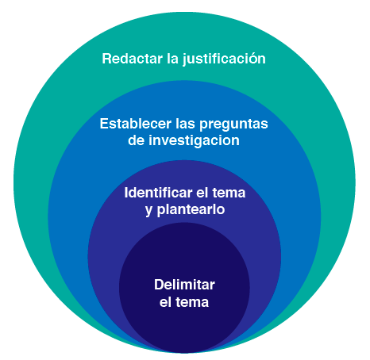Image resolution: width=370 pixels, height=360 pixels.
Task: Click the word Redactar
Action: tap(132, 59)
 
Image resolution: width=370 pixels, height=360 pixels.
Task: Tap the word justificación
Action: tap(224, 59)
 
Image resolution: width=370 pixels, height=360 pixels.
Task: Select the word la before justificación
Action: tap(172, 59)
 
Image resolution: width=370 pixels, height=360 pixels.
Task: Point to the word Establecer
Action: tap(136, 124)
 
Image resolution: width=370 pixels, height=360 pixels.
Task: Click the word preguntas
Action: tap(233, 124)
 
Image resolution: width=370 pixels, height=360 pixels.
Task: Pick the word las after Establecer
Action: tap(185, 124)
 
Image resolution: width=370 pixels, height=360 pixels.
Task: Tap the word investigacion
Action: tap(194, 140)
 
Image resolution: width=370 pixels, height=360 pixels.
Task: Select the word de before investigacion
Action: tap(136, 140)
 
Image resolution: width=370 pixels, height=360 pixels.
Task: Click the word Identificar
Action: tap(158, 193)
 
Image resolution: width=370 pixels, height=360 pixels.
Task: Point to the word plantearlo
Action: tap(191, 210)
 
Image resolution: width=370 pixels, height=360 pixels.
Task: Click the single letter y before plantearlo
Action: tap(149, 212)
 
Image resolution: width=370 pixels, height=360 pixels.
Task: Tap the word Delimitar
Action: tap(184, 285)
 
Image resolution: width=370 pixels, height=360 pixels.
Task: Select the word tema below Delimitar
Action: tap(192, 302)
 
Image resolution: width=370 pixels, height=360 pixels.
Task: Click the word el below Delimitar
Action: tap(165, 302)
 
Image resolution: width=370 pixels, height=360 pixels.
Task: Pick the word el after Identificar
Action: tap(202, 193)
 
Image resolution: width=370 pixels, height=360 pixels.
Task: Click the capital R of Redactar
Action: tap(106, 59)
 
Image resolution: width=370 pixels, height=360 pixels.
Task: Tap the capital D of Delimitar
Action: tap(160, 285)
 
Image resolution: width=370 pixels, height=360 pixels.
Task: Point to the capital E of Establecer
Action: tap(104, 124)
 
